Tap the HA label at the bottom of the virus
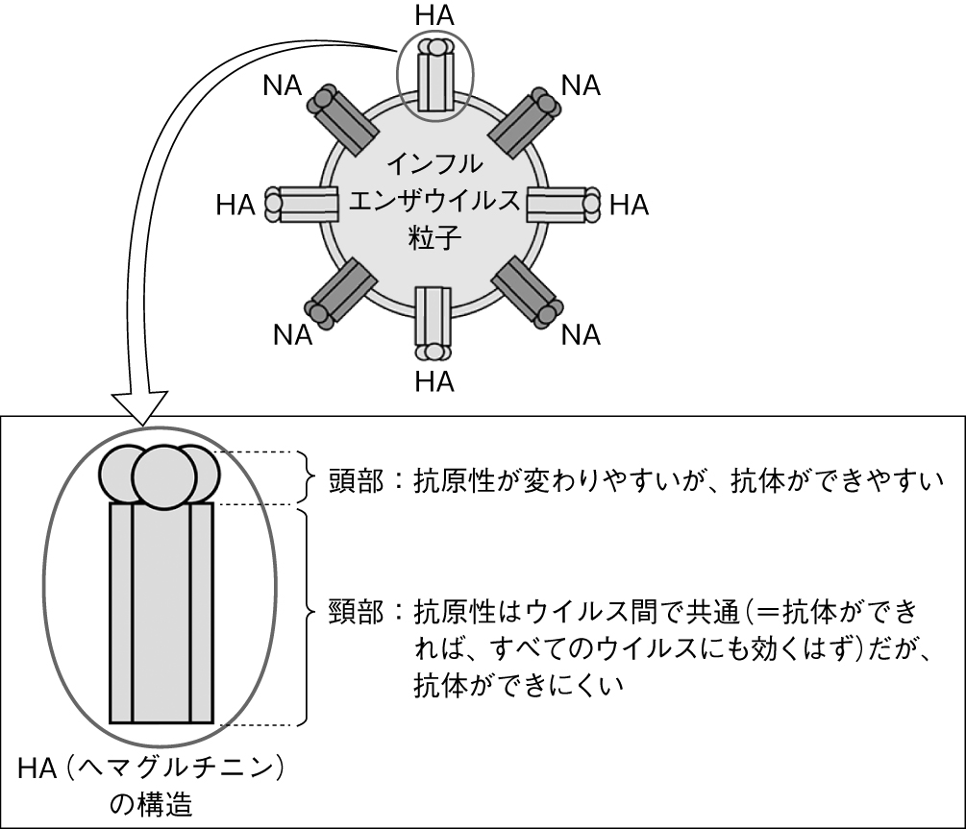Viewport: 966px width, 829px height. click(434, 380)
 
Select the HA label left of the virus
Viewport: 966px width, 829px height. click(235, 205)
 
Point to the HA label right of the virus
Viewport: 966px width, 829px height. click(630, 205)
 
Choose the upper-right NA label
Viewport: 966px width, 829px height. click(582, 86)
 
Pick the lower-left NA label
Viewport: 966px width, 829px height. click(292, 334)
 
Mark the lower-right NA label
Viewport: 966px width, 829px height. click(582, 334)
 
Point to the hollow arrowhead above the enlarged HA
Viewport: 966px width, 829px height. click(140, 407)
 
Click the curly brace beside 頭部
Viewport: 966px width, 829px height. click(310, 477)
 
